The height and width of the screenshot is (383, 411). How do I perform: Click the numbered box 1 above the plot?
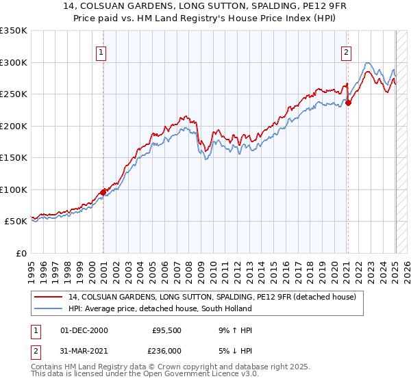tap(101, 51)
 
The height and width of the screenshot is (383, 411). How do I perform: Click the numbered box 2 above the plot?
tap(347, 51)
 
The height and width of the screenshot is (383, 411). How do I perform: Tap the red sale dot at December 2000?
tap(103, 193)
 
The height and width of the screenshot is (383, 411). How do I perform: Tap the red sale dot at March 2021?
tap(348, 103)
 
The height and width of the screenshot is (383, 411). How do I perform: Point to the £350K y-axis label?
tap(14, 31)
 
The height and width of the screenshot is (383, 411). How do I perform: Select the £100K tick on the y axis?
tap(14, 189)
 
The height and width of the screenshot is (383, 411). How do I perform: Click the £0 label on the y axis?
tap(21, 253)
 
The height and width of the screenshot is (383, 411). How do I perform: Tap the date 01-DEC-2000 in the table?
tap(84, 330)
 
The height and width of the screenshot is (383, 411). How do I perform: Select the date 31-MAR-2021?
tap(85, 351)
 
